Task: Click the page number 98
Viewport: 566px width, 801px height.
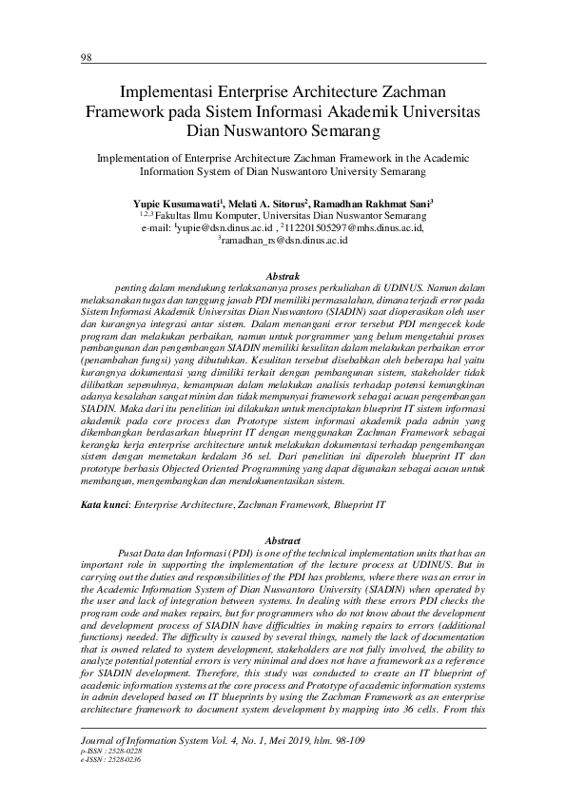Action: pos(85,57)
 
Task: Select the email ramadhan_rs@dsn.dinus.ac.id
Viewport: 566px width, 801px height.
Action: pos(284,242)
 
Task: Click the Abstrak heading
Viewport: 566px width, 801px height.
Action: pos(283,274)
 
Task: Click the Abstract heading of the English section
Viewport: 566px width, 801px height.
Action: pos(283,539)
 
